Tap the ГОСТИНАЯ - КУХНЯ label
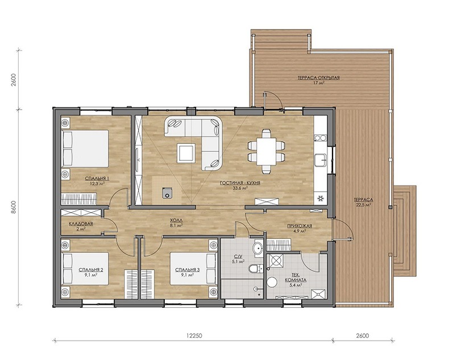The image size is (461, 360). pyautogui.click(x=240, y=183)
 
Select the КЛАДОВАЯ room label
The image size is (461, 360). pyautogui.click(x=81, y=224)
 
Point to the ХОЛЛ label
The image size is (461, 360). pyautogui.click(x=176, y=220)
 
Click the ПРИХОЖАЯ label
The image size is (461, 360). pyautogui.click(x=300, y=226)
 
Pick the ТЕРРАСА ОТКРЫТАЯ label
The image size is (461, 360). pyautogui.click(x=319, y=78)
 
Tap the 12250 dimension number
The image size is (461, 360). pyautogui.click(x=194, y=336)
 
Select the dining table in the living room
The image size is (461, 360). pyautogui.click(x=266, y=151)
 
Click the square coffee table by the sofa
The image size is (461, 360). pyautogui.click(x=186, y=152)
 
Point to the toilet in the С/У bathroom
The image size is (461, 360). pyautogui.click(x=255, y=268)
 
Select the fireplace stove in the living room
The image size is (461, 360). pyautogui.click(x=167, y=193)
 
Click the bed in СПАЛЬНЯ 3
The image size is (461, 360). pyautogui.click(x=193, y=268)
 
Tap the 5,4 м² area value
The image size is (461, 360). pyautogui.click(x=296, y=285)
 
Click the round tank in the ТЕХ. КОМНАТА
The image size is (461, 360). pyautogui.click(x=272, y=282)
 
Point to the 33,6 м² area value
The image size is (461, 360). pyautogui.click(x=240, y=188)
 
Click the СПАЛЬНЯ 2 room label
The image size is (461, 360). pyautogui.click(x=90, y=270)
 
